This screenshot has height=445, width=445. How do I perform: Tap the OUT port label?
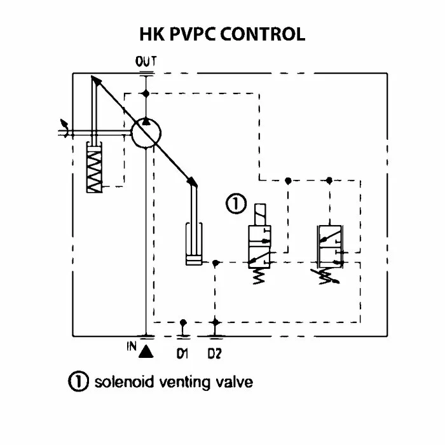tap(146, 62)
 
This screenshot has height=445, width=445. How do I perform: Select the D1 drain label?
tap(183, 353)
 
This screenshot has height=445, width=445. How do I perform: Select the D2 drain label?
tap(215, 353)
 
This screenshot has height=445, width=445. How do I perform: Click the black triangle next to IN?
tap(146, 350)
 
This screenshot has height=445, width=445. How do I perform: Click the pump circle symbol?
tap(147, 133)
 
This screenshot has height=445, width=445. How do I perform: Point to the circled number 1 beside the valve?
tap(235, 205)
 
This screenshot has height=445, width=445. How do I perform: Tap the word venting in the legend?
tap(185, 382)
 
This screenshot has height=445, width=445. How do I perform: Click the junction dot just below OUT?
tap(147, 93)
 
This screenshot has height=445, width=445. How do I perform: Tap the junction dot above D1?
tap(183, 322)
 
